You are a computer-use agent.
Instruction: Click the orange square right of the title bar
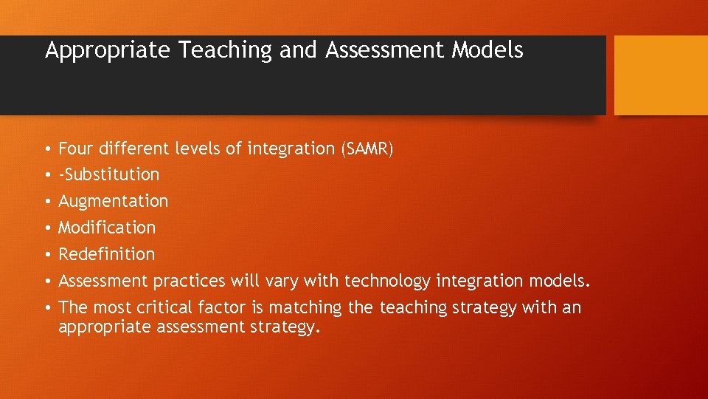pos(661,75)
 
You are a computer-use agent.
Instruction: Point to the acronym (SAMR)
pos(367,149)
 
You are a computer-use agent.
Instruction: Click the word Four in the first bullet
pos(76,149)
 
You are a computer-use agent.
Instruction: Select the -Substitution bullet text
pos(109,174)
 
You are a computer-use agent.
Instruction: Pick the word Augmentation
pos(114,201)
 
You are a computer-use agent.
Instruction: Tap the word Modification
pos(107,228)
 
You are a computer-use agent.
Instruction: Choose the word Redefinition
pos(107,254)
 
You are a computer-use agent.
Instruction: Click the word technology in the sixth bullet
pos(388,281)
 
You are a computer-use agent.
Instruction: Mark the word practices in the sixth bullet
pos(190,281)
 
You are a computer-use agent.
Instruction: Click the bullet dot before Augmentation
pos(47,202)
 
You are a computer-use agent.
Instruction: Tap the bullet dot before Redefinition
pos(47,255)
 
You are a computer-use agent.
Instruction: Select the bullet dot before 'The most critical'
pos(47,308)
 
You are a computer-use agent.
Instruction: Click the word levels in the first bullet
pos(198,149)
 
